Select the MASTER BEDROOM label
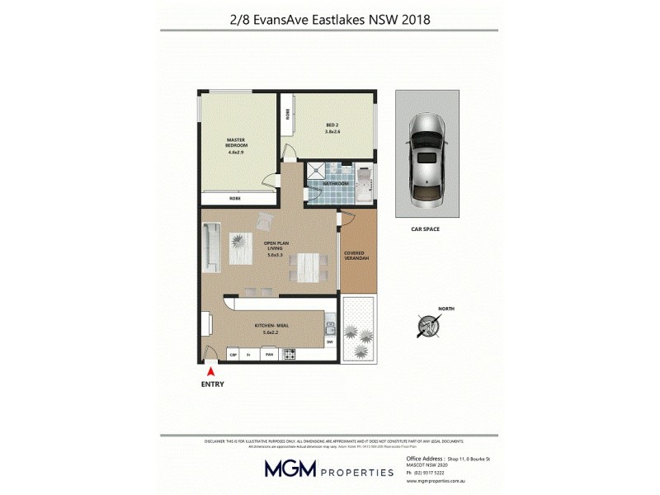coord(238,145)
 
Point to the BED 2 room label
coord(332,128)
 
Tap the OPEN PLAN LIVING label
coord(274,249)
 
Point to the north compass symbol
coord(427,324)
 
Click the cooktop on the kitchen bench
coord(290,355)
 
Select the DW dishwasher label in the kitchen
coord(329,342)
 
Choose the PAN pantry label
coord(268,355)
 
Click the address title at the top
coord(331,17)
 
